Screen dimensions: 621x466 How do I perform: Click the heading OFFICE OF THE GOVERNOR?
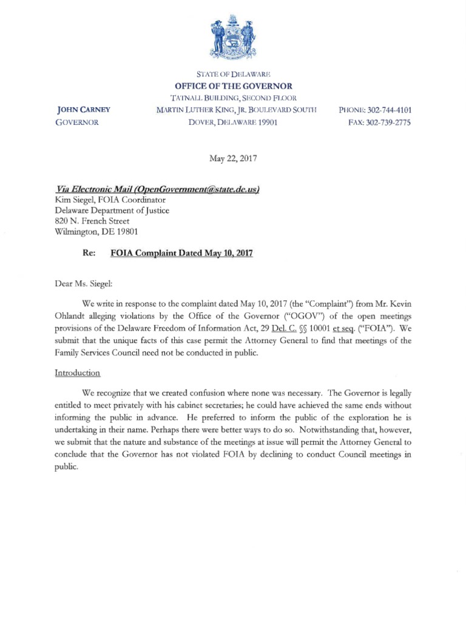pyautogui.click(x=234, y=86)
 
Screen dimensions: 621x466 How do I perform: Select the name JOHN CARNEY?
pyautogui.click(x=83, y=110)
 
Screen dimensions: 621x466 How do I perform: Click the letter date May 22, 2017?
pyautogui.click(x=233, y=159)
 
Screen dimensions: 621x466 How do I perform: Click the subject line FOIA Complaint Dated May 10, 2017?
pyautogui.click(x=181, y=253)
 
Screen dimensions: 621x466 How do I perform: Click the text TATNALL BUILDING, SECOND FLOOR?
pyautogui.click(x=234, y=98)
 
